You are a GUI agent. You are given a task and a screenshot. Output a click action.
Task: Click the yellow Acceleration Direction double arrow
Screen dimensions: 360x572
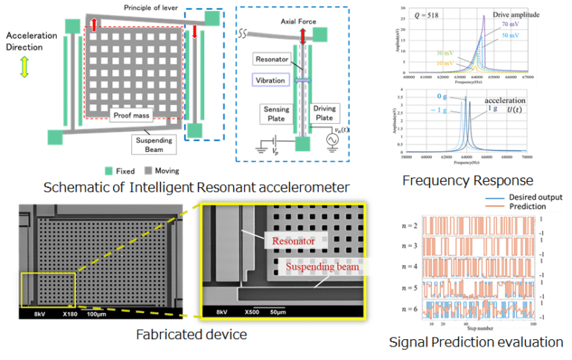coord(25,68)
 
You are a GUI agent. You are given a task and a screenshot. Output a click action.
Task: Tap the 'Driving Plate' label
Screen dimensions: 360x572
coord(324,113)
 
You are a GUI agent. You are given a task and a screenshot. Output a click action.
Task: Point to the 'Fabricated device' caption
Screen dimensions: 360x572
coord(191,335)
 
